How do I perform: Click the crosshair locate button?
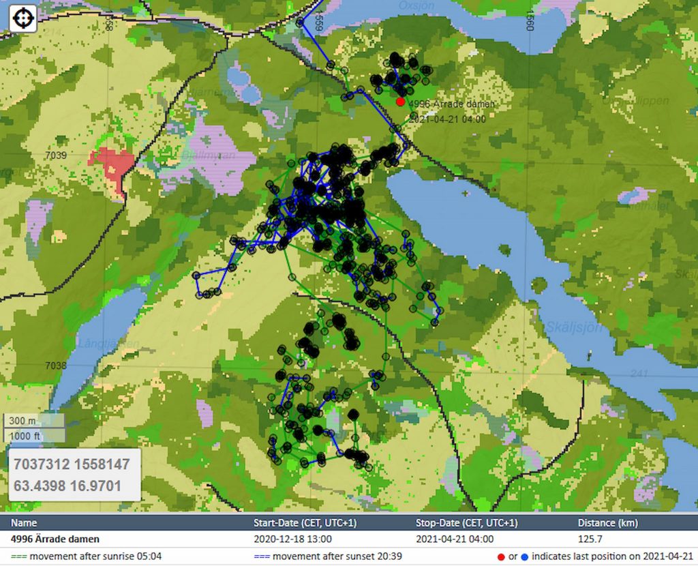22,18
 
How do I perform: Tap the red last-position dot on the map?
400,102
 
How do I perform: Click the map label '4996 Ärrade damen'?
451,104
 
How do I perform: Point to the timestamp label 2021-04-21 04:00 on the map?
448,119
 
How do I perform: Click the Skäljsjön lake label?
573,327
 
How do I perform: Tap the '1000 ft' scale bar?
34,436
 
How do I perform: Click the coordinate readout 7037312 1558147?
72,464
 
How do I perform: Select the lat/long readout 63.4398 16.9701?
67,486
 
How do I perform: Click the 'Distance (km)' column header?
608,523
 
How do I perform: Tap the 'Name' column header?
24,523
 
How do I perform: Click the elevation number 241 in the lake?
639,373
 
